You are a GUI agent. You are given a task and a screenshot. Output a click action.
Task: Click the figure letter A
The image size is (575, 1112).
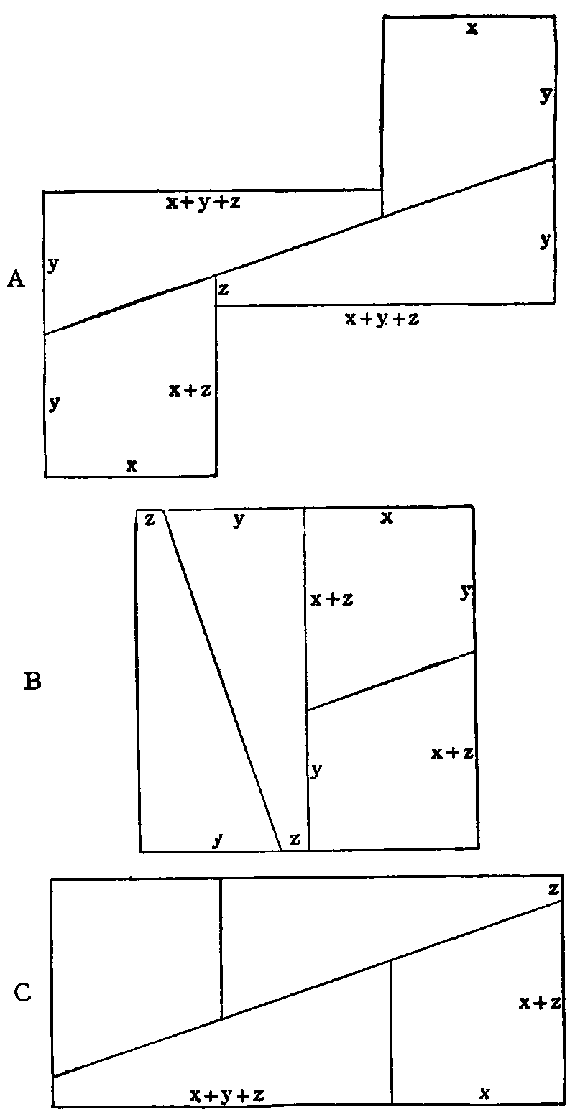[16, 280]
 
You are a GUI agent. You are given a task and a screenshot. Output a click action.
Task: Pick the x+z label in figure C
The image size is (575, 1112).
[539, 1003]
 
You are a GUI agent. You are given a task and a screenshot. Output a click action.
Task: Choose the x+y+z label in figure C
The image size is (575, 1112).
[228, 1095]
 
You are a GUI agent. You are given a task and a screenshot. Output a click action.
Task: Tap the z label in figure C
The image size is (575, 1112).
[553, 889]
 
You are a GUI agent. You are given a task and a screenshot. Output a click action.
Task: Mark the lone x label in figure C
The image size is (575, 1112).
[484, 1093]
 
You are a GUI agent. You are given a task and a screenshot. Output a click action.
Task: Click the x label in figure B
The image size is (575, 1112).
[386, 518]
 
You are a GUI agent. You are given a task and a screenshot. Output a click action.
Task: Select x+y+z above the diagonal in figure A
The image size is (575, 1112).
[203, 203]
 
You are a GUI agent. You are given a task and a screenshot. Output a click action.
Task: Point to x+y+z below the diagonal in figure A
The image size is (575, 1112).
[382, 319]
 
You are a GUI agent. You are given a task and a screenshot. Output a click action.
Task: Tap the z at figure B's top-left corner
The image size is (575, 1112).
[149, 519]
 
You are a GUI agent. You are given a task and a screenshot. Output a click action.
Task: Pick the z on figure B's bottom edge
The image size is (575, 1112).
[294, 839]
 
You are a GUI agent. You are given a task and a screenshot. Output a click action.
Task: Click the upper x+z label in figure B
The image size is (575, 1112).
[331, 600]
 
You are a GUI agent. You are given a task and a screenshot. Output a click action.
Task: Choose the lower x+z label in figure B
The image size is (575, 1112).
[451, 753]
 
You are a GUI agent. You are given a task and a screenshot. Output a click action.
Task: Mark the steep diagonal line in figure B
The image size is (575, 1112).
[223, 679]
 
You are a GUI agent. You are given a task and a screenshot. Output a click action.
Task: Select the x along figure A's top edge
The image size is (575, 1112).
[471, 29]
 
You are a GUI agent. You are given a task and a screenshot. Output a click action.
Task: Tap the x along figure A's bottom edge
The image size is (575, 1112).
[132, 465]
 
